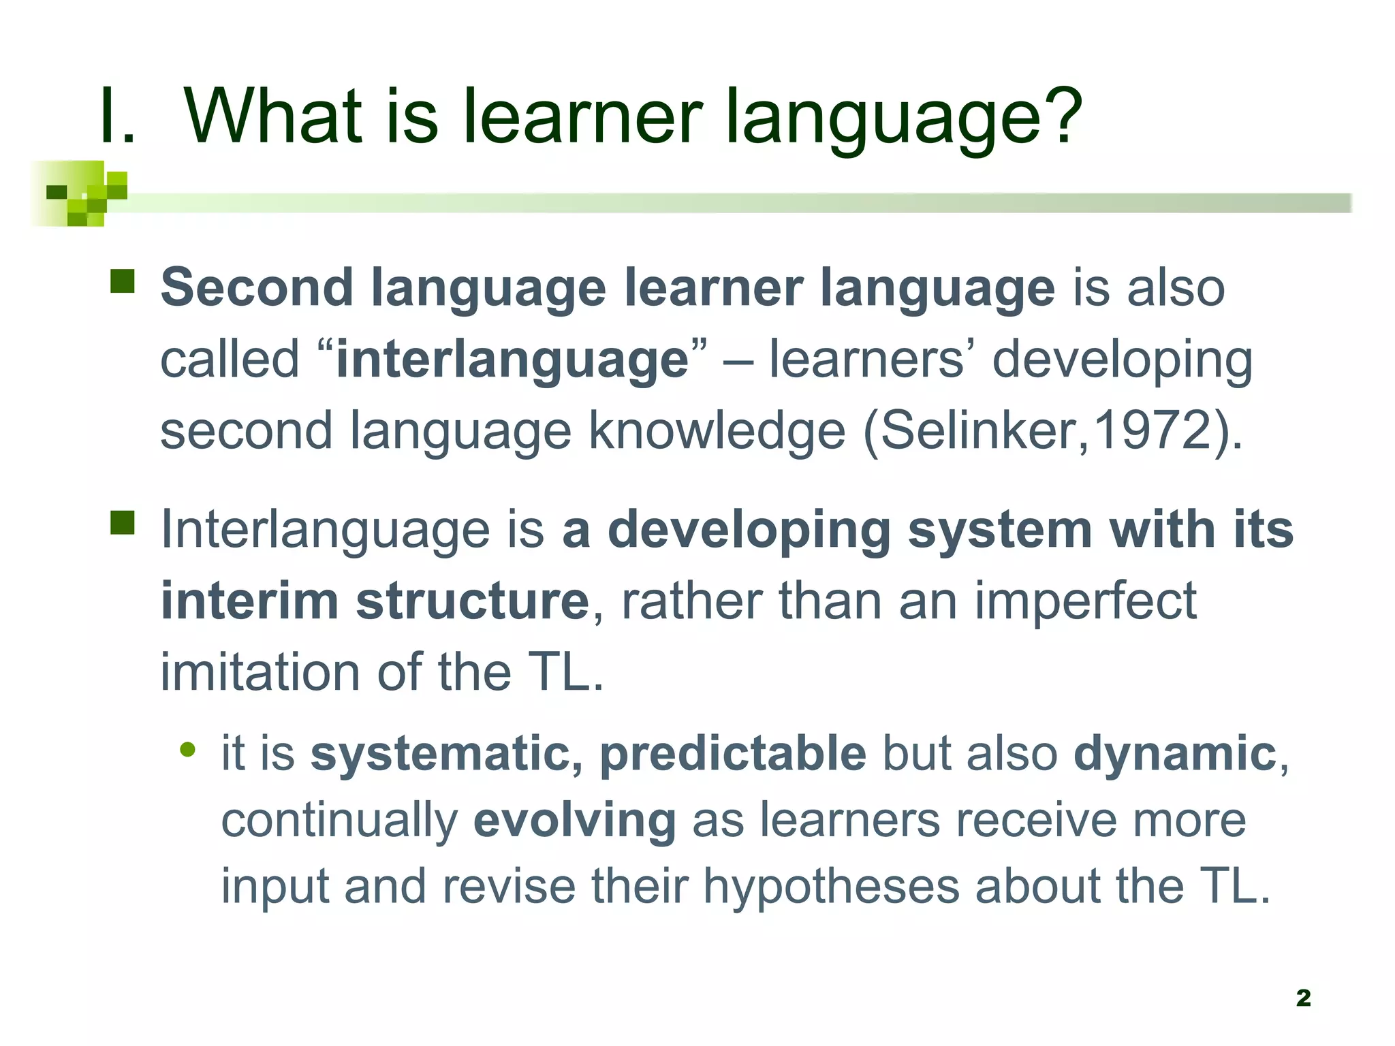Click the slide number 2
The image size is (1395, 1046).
(x=1303, y=998)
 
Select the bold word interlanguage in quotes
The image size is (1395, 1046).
(x=512, y=360)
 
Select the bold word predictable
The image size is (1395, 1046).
(x=733, y=754)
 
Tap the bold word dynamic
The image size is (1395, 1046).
(x=1175, y=754)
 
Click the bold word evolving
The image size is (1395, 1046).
(x=574, y=821)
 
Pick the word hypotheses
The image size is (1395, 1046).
(x=831, y=887)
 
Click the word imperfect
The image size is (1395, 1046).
(x=1085, y=601)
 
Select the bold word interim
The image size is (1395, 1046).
(x=249, y=601)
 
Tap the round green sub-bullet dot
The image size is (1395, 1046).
(x=188, y=750)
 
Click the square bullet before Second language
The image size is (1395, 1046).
(x=123, y=281)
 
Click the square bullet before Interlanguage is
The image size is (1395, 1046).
(x=123, y=523)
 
